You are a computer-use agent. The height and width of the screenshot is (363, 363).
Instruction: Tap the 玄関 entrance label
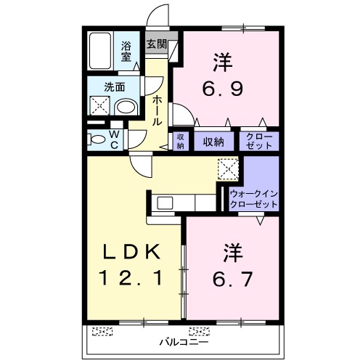157,44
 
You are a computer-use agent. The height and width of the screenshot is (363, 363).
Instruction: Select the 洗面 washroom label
115,86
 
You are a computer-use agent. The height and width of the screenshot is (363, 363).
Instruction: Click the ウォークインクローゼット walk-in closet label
253,199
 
